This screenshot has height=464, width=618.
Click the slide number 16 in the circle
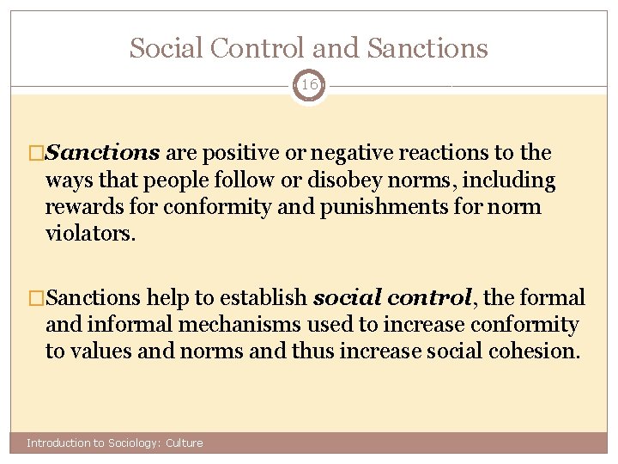point(309,85)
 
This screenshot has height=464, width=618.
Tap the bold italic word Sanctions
point(102,154)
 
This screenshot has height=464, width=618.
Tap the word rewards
point(82,208)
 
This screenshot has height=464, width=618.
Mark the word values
point(99,351)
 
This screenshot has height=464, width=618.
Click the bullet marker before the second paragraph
point(36,299)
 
